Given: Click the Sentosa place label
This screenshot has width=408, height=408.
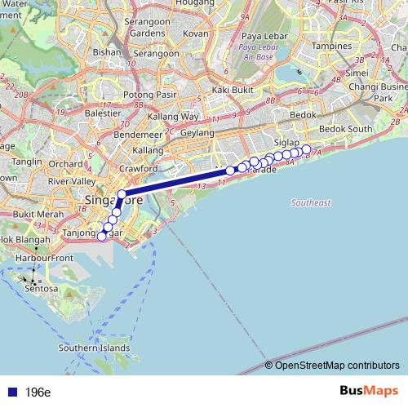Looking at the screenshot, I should (x=40, y=288).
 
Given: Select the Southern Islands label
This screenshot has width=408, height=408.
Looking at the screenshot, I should (x=95, y=348).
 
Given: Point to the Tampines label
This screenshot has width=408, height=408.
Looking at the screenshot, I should (x=330, y=47).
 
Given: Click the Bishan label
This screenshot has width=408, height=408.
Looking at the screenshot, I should (x=106, y=51).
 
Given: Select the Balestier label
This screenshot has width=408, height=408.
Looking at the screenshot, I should (x=103, y=113).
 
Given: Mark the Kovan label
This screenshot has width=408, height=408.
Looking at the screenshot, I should (x=195, y=33).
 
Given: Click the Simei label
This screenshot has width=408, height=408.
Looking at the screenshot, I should (x=357, y=72).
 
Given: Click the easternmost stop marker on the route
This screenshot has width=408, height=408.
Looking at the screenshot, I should (x=307, y=149).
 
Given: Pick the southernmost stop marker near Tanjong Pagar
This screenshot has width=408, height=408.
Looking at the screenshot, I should (x=102, y=237).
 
